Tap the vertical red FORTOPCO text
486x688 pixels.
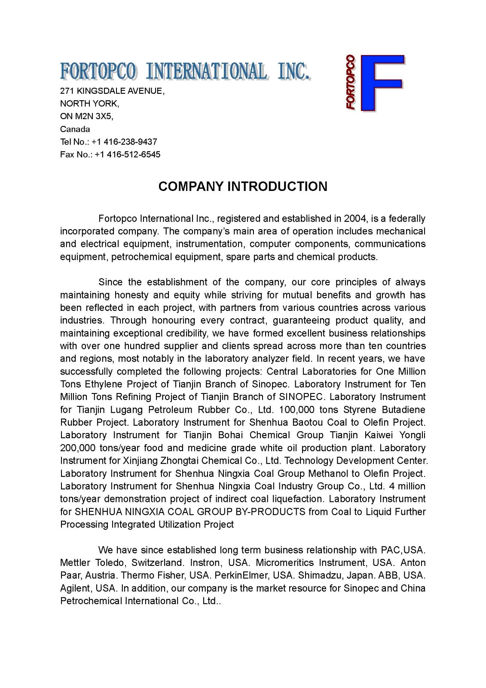click(x=351, y=82)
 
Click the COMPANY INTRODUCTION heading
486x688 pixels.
click(x=243, y=186)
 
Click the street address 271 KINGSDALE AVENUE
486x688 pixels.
click(x=111, y=91)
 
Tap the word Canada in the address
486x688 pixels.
click(x=75, y=129)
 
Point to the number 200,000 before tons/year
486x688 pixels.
click(x=78, y=448)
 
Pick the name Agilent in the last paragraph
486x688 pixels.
click(x=76, y=588)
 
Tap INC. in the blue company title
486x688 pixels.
click(x=293, y=71)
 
